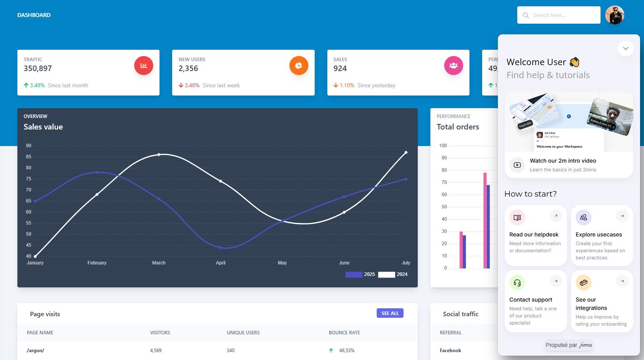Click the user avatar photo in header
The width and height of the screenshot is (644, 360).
click(x=614, y=15)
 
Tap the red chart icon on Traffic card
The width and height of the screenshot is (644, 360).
click(x=144, y=66)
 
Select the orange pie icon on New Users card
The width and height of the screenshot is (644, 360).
click(x=299, y=66)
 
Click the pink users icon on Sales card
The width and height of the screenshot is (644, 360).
click(x=453, y=66)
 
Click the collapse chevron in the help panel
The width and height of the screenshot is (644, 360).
click(x=625, y=49)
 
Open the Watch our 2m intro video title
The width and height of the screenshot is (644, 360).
click(x=563, y=161)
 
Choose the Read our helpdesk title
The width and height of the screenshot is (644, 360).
click(x=534, y=234)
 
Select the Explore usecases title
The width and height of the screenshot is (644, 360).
click(x=599, y=234)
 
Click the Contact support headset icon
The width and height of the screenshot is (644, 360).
click(x=517, y=283)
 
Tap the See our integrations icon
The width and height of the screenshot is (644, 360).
click(x=583, y=283)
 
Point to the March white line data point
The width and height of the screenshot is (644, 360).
click(x=159, y=155)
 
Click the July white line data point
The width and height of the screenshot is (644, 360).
click(x=406, y=152)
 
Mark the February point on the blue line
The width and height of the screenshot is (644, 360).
click(x=97, y=172)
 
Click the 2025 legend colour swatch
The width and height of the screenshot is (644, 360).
click(x=354, y=275)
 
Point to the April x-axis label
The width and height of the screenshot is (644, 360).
click(x=221, y=263)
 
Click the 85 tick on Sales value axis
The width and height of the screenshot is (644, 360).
click(x=29, y=157)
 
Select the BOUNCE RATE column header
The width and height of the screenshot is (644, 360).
click(x=344, y=333)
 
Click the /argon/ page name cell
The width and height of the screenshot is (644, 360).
click(x=36, y=351)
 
